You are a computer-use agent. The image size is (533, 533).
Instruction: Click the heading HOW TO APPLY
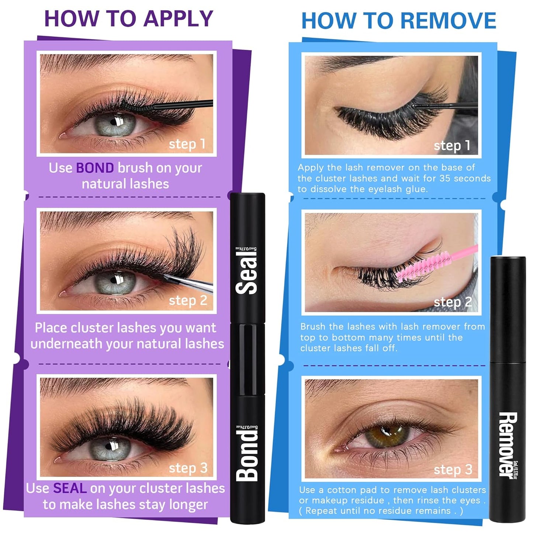129,18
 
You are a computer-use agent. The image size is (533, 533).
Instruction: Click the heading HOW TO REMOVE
398,21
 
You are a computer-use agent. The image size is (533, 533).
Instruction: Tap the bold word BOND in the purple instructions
95,168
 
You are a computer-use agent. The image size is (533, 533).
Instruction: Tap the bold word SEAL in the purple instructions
70,488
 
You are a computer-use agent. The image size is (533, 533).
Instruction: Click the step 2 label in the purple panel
188,301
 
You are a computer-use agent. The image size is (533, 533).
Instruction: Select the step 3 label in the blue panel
453,470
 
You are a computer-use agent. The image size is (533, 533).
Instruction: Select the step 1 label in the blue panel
452,146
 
